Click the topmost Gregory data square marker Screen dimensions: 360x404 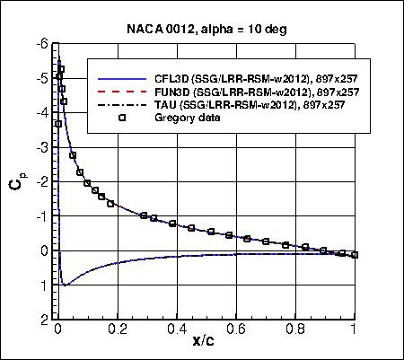61,69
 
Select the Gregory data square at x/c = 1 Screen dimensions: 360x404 355,255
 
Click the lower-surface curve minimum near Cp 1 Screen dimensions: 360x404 65,285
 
